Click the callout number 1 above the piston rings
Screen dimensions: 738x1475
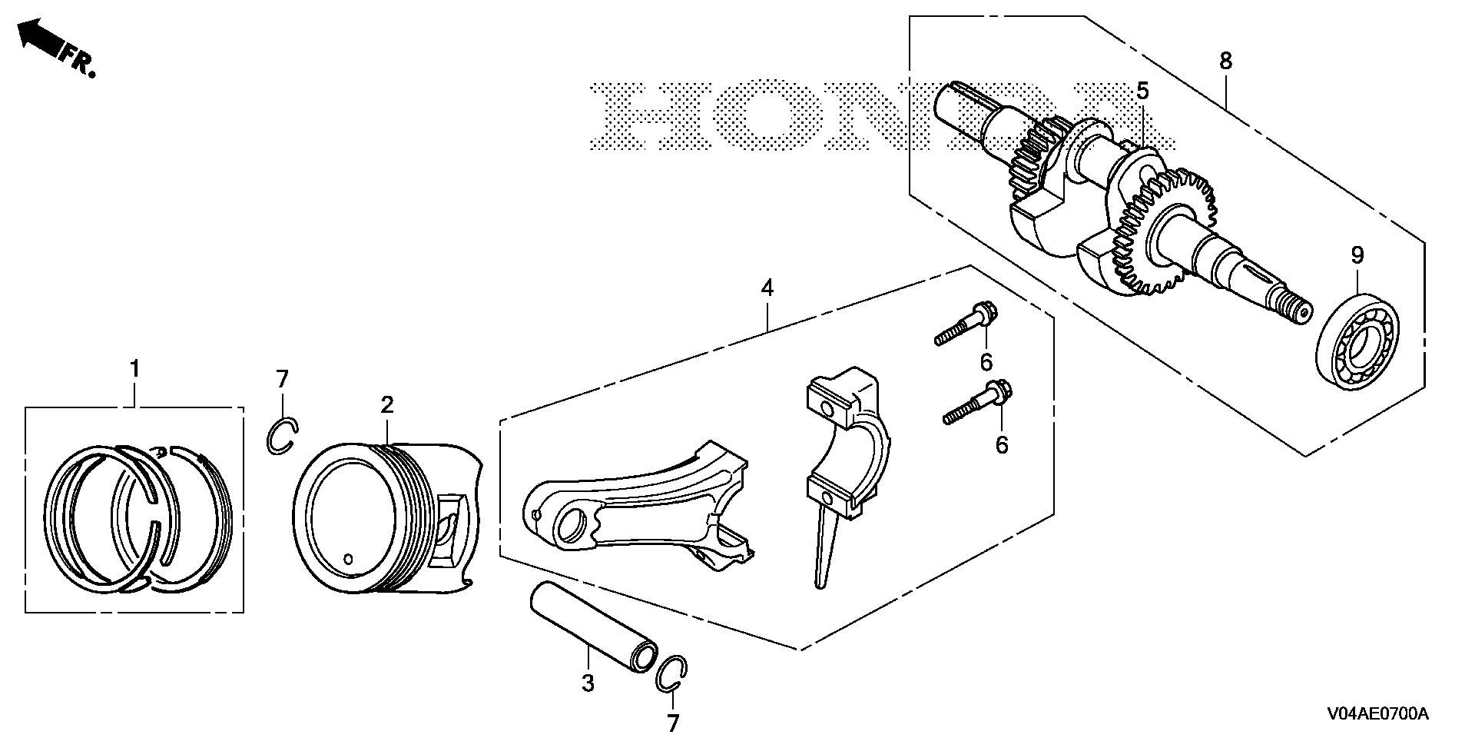pos(135,369)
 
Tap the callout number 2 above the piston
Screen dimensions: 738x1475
pos(386,405)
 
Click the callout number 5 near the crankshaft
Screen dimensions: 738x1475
pos(1142,91)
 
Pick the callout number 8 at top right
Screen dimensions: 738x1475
pos(1225,61)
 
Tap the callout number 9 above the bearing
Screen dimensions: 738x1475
pos(1357,255)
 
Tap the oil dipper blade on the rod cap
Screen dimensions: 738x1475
pos(822,546)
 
